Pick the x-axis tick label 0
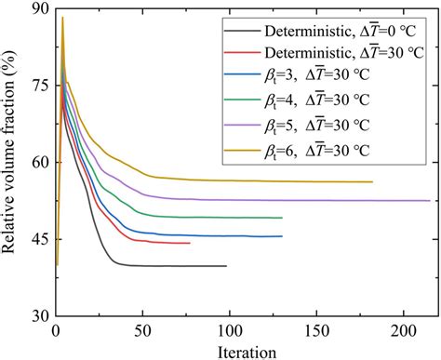[57, 331]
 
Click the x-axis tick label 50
[143, 331]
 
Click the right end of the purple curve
[430, 200]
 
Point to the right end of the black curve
[226, 266]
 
